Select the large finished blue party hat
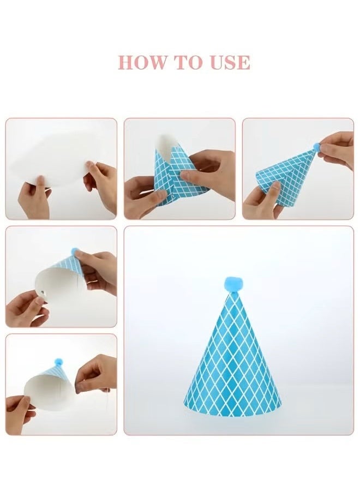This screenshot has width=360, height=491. (x=233, y=360)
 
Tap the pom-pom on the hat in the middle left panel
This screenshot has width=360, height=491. (x=75, y=252)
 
